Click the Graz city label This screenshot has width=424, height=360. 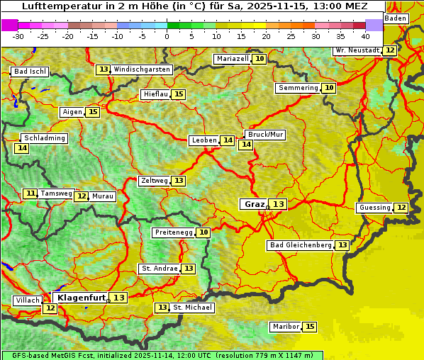click(254, 204)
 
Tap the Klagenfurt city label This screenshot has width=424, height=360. click(82, 298)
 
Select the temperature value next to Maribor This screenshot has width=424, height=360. click(310, 327)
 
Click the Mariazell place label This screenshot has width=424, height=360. click(233, 59)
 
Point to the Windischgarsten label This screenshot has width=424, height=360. click(142, 69)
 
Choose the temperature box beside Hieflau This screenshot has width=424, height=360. click(179, 94)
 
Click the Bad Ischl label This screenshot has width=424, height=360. click(30, 72)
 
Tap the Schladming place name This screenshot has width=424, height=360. click(44, 138)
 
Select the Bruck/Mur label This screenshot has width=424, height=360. click(265, 135)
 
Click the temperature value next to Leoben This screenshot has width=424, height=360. click(228, 140)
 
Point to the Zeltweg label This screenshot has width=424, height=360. click(155, 181)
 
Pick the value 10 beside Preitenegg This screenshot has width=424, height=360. click(203, 232)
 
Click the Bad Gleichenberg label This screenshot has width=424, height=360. click(300, 245)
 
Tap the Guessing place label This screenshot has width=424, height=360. click(374, 208)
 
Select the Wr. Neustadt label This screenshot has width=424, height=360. click(357, 50)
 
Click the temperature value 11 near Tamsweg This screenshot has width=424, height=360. click(30, 193)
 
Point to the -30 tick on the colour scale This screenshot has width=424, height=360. click(18, 36)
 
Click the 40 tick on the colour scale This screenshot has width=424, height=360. click(365, 36)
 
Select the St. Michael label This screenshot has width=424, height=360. click(192, 308)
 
